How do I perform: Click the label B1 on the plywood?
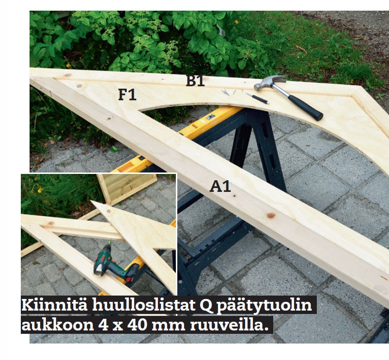tap(195, 81)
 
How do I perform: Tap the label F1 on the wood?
tap(127, 94)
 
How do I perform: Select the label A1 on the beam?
tap(220, 187)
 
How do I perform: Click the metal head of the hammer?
tap(269, 82)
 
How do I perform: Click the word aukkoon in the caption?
tap(58, 325)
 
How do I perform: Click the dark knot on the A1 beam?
tap(271, 216)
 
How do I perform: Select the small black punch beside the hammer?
tap(258, 98)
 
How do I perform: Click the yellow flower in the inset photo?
tap(39, 190)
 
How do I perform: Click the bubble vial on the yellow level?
tap(210, 117)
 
